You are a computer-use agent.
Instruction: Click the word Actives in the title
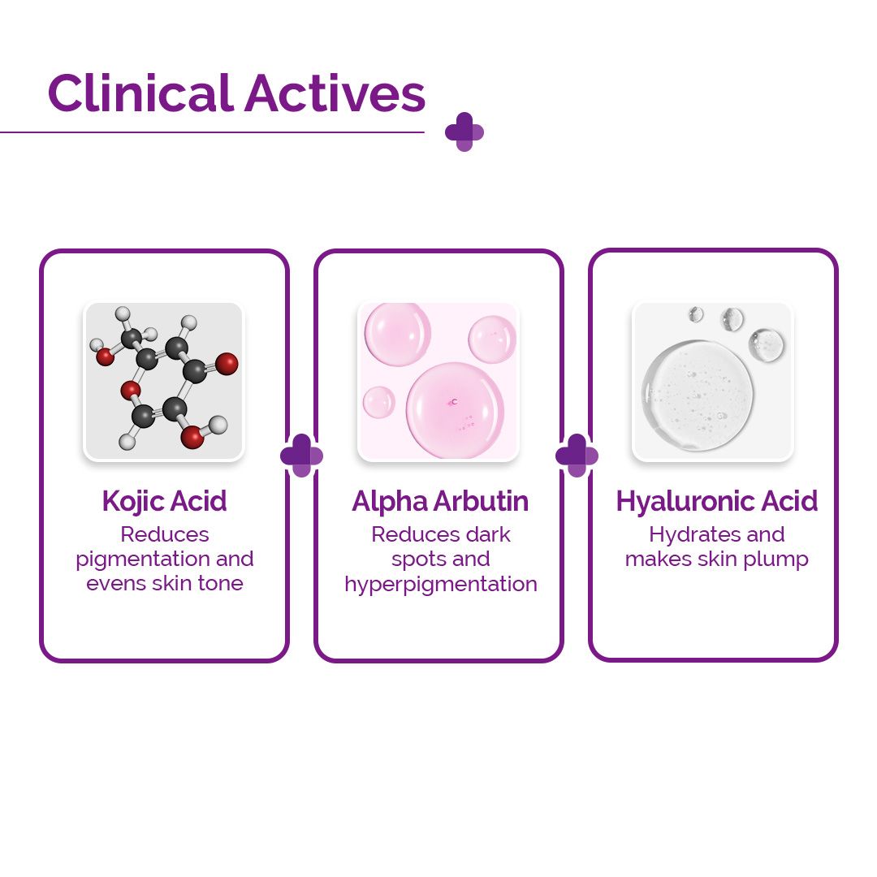(335, 93)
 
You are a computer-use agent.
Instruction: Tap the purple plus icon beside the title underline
(464, 132)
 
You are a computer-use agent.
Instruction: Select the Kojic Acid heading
(164, 501)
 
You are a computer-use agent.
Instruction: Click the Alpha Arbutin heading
(439, 501)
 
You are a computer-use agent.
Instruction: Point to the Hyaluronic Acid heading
(716, 501)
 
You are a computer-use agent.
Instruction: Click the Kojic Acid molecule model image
(164, 381)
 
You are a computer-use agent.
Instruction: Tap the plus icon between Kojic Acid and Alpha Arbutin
(301, 456)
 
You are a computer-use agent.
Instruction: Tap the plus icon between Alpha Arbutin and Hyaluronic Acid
(577, 456)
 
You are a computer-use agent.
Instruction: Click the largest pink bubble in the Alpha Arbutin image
(455, 408)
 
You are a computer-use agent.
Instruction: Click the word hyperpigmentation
(440, 584)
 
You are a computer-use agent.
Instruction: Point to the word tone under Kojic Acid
(219, 584)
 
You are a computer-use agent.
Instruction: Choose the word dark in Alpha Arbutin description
(488, 534)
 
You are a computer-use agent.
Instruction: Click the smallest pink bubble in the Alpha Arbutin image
(378, 402)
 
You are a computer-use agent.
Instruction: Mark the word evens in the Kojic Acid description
(116, 584)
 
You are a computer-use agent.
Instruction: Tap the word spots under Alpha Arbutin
(418, 559)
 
